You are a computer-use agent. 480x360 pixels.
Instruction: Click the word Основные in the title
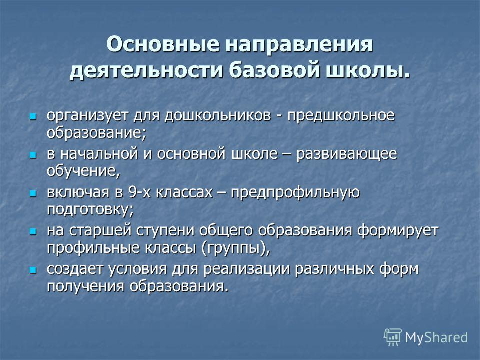[x=163, y=44]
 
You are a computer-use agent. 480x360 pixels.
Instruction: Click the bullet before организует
[x=33, y=116]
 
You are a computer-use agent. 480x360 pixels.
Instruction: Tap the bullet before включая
[x=33, y=194]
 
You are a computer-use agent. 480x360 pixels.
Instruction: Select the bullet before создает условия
[x=33, y=270]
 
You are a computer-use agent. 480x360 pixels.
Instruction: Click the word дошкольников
[x=218, y=115]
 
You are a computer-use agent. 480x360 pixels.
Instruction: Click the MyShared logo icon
[x=393, y=337]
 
